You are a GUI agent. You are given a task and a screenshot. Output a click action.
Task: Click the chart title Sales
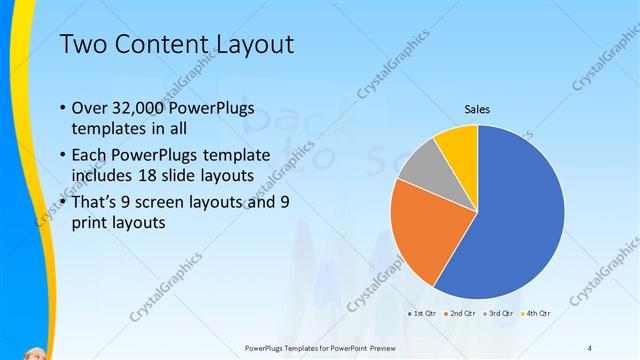click(x=476, y=109)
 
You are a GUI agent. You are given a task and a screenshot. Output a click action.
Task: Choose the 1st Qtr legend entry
click(x=422, y=314)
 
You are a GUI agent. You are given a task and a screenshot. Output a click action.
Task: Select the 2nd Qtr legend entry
click(x=460, y=314)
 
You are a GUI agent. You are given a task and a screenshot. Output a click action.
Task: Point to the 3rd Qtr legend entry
click(x=498, y=314)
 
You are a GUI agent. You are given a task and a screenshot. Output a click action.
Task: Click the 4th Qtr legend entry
click(x=536, y=314)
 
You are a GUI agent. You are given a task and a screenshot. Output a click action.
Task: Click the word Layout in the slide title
click(x=251, y=44)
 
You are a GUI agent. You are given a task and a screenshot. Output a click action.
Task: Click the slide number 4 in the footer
click(x=590, y=348)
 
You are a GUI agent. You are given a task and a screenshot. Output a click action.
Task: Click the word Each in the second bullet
click(x=89, y=155)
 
